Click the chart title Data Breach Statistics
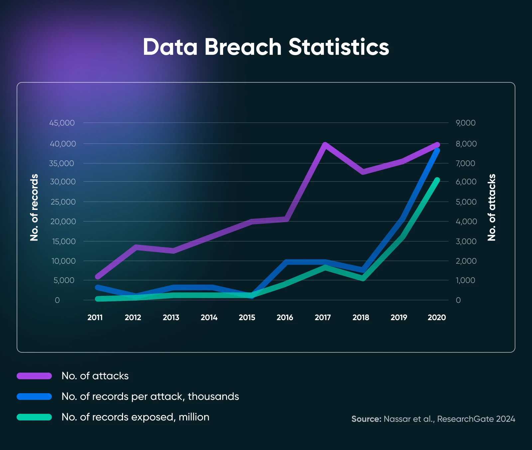pyautogui.click(x=266, y=47)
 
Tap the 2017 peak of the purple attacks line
pyautogui.click(x=325, y=144)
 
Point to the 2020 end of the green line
pyautogui.click(x=437, y=180)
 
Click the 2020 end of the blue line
pyautogui.click(x=437, y=151)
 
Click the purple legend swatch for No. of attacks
pyautogui.click(x=34, y=376)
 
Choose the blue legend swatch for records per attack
pyautogui.click(x=34, y=397)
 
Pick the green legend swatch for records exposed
pyautogui.click(x=34, y=417)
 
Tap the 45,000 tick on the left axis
pyautogui.click(x=62, y=123)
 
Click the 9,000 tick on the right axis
pyautogui.click(x=465, y=123)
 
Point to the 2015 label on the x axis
pyautogui.click(x=247, y=317)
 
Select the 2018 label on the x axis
pyautogui.click(x=361, y=317)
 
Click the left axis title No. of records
pyautogui.click(x=34, y=207)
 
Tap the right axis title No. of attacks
pyautogui.click(x=492, y=207)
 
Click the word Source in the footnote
pyautogui.click(x=366, y=419)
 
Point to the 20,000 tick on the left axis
pyautogui.click(x=63, y=222)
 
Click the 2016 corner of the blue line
pyautogui.click(x=287, y=262)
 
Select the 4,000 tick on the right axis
pyautogui.click(x=466, y=222)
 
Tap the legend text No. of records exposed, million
pyautogui.click(x=135, y=417)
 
